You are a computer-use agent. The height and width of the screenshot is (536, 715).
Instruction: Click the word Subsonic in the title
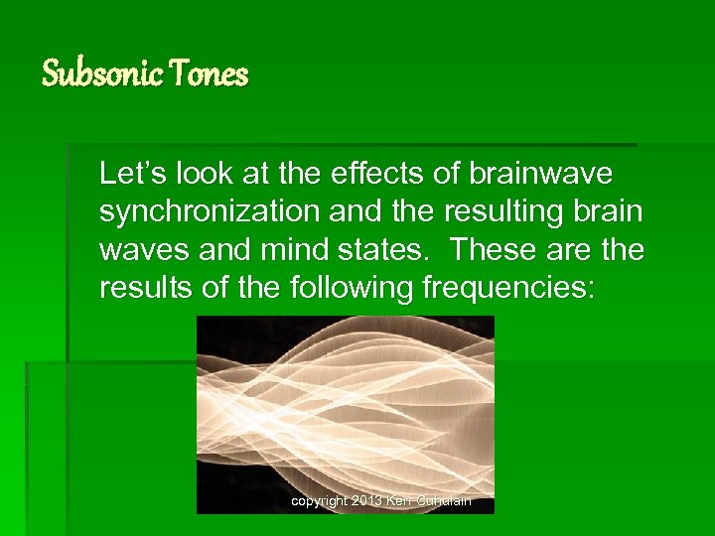click(102, 73)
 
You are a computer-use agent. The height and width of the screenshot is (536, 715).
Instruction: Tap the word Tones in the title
click(210, 73)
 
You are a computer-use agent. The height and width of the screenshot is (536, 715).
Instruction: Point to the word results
click(139, 288)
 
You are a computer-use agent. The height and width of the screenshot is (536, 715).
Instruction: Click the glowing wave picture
click(345, 407)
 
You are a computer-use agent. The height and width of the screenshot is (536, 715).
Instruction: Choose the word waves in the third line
click(137, 250)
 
